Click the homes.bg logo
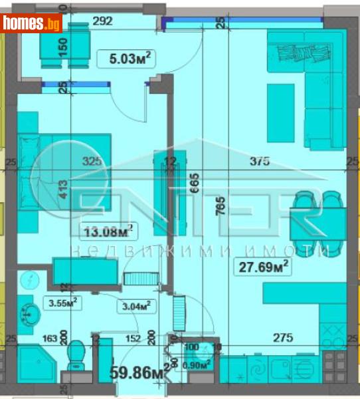[x=31, y=24]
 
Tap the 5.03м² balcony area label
[x=132, y=59]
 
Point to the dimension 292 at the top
[x=102, y=21]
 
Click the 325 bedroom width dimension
[x=92, y=160]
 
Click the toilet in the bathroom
[x=76, y=356]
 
